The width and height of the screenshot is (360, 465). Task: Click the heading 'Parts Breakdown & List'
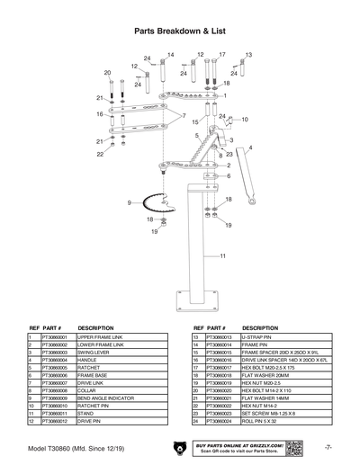click(180, 30)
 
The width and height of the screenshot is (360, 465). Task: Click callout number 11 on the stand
click(222, 256)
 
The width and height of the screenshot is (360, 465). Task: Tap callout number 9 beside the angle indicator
click(129, 201)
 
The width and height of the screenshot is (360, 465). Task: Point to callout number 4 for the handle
click(250, 147)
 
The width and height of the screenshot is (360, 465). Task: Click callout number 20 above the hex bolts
click(107, 73)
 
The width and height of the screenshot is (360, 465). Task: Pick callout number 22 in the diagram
click(100, 155)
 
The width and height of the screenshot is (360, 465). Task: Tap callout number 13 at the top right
click(248, 55)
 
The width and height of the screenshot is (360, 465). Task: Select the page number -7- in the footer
click(329, 446)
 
